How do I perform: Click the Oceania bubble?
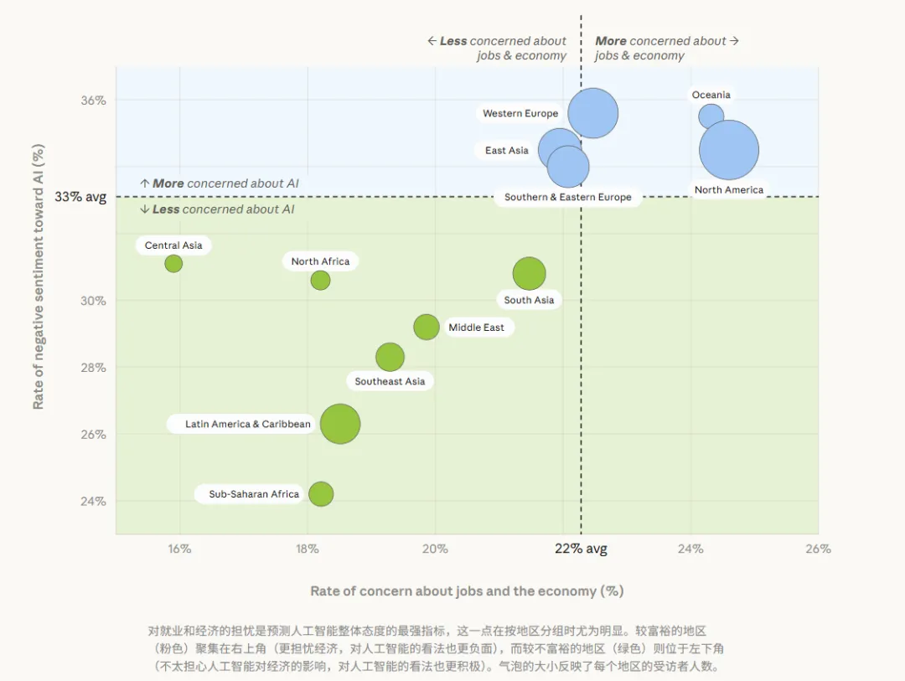[x=711, y=116]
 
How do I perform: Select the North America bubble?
[x=729, y=150]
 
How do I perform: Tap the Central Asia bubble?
[x=173, y=263]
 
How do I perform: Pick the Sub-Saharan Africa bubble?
[x=320, y=494]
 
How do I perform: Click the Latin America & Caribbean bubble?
[x=339, y=424]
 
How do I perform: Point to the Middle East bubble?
[x=427, y=327]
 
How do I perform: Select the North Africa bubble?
[x=320, y=280]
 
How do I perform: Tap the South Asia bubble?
[x=529, y=273]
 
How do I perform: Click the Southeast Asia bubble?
[x=390, y=357]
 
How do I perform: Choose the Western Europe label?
[x=520, y=113]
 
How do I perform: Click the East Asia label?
[x=507, y=151]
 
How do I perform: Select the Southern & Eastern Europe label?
[x=568, y=198]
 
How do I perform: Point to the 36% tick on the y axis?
[x=93, y=101]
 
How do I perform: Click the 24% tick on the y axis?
[x=93, y=502]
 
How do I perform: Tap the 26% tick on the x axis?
[x=818, y=549]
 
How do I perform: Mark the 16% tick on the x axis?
[x=179, y=549]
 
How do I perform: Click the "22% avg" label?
[x=581, y=549]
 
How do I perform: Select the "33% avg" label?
[x=80, y=197]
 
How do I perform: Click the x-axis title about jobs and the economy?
[x=467, y=591]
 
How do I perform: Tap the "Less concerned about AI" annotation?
[x=218, y=209]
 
